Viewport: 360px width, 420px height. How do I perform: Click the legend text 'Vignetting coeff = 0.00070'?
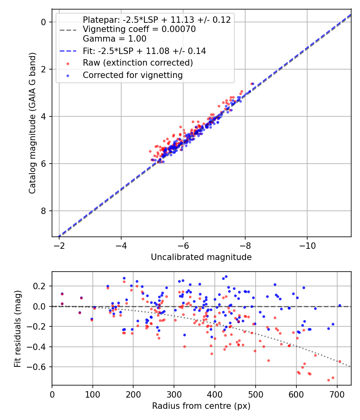coord(139,29)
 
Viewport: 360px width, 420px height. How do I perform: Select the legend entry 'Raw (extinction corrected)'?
coord(138,63)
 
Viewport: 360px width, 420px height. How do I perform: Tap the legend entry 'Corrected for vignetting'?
coord(132,75)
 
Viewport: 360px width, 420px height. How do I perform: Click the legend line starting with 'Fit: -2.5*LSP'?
coord(144,51)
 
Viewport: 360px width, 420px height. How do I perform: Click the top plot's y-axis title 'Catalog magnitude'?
coord(33,123)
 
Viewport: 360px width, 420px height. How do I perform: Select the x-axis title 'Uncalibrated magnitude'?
coord(201,257)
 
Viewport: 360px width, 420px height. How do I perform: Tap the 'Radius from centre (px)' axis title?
coord(201,406)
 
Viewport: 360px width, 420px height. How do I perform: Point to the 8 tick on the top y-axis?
coord(45,211)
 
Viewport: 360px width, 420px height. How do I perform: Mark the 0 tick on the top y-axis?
coord(45,22)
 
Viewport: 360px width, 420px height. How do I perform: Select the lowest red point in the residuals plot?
coord(328,380)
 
